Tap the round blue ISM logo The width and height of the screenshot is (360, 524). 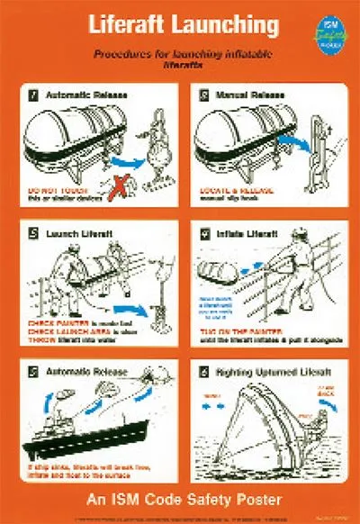coord(329,32)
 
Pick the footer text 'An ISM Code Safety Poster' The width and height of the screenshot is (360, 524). coord(180,499)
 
